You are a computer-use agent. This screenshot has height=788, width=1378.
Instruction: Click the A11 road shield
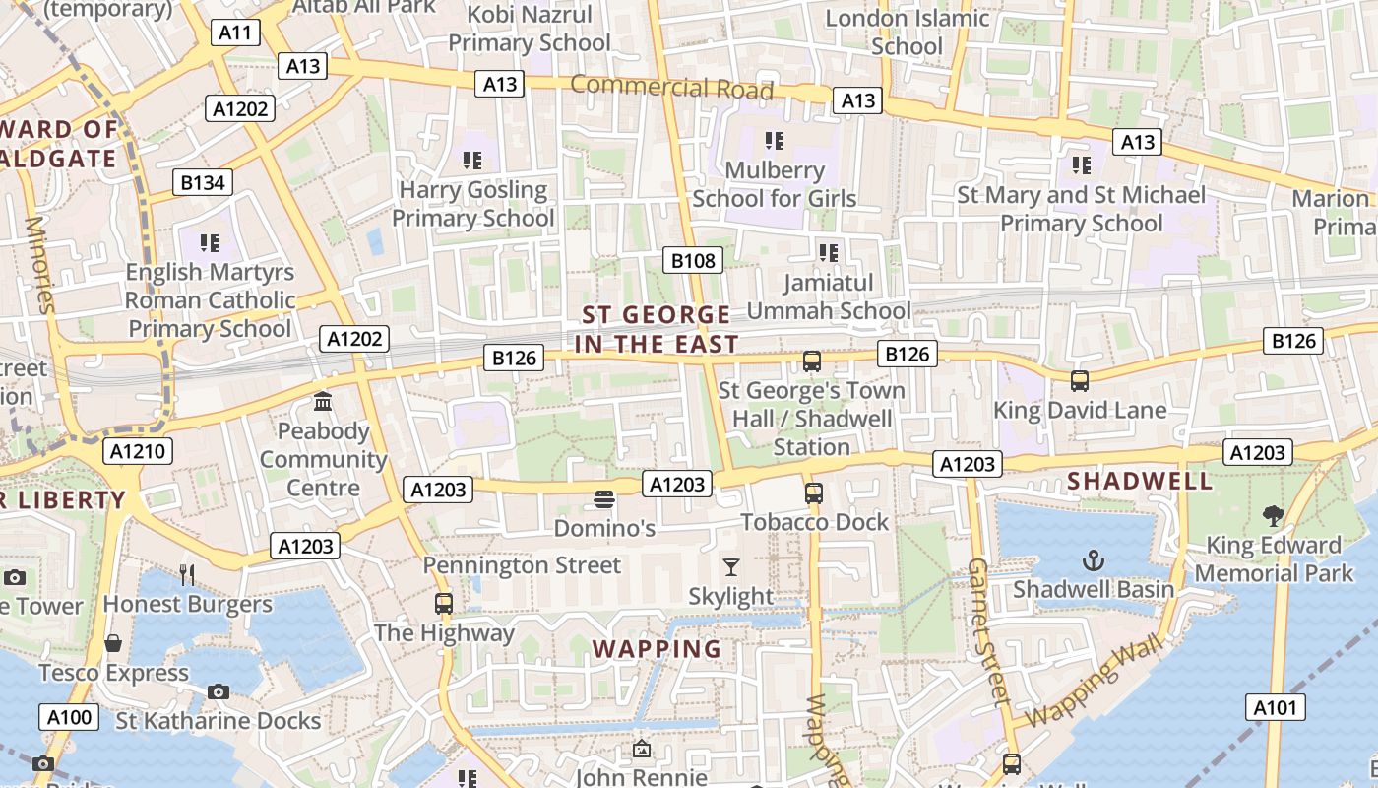click(x=235, y=33)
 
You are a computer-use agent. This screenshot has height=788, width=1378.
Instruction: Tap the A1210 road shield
click(x=138, y=452)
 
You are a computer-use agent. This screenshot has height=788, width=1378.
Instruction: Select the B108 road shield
click(x=692, y=260)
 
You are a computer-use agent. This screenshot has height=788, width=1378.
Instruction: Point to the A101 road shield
click(x=1277, y=707)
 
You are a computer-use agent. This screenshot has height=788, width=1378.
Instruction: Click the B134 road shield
click(x=203, y=182)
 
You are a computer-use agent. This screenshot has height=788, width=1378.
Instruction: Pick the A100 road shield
click(x=69, y=717)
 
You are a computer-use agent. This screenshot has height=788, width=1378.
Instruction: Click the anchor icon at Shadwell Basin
click(x=1093, y=560)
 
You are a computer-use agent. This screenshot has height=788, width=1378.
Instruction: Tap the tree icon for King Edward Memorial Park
click(x=1273, y=515)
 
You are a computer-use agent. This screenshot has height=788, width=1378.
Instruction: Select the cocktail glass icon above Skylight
click(x=730, y=567)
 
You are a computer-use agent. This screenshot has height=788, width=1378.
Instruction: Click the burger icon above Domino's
click(x=604, y=500)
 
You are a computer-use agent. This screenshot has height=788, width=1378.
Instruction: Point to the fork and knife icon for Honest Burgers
click(x=187, y=574)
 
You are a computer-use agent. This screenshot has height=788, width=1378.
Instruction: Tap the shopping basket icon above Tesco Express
click(x=113, y=643)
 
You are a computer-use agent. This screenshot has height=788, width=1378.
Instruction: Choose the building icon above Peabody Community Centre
click(x=323, y=402)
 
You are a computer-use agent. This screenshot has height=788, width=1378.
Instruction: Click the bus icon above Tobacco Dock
click(x=813, y=493)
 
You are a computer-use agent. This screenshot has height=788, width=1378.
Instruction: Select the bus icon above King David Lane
click(x=1079, y=381)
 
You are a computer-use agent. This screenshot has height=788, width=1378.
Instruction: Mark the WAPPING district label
click(x=658, y=649)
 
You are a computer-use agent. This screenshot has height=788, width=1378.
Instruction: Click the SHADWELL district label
click(x=1140, y=481)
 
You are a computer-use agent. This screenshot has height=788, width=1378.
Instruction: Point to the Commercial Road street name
click(x=671, y=87)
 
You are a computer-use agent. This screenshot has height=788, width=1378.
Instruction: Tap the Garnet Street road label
click(x=987, y=631)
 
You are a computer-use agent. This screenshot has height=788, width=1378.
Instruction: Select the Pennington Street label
click(x=522, y=565)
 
